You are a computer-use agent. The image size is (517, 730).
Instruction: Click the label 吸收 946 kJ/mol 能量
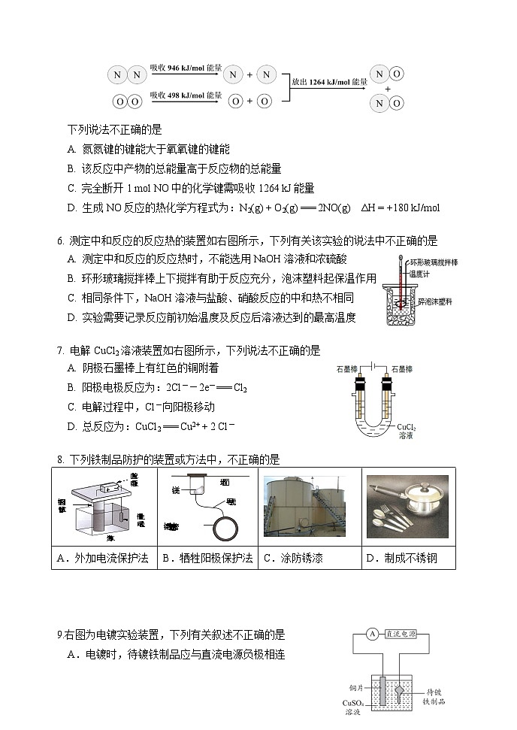[186, 68]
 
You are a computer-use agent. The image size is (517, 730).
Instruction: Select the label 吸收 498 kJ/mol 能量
[186, 95]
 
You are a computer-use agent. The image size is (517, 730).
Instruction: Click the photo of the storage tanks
[310, 508]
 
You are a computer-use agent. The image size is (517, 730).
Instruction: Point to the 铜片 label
[357, 687]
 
